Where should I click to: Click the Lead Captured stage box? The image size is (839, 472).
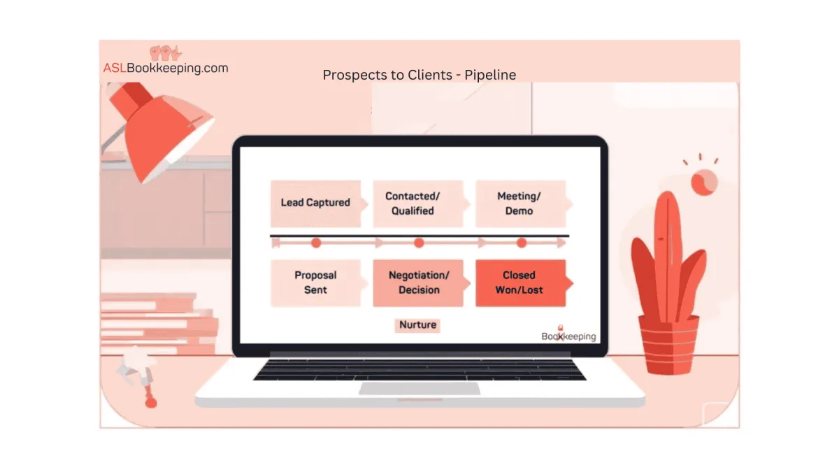315,203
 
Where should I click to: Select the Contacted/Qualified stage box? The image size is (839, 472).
417,203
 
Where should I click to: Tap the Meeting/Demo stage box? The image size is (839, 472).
519,203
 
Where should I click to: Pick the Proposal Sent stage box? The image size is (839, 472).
315,283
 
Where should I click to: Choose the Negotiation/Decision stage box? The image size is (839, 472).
418,283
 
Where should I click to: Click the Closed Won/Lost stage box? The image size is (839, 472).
519,283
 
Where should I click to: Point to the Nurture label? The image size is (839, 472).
417,324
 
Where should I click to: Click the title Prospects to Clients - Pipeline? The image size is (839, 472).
419,74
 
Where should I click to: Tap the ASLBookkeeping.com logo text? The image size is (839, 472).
166,68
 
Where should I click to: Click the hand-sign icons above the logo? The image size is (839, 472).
166,52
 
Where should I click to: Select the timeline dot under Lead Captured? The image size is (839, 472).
316,243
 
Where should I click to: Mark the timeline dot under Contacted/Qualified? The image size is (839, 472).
419,243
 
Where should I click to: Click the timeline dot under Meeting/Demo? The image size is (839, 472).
521,243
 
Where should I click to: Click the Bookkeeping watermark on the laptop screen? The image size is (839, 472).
568,336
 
